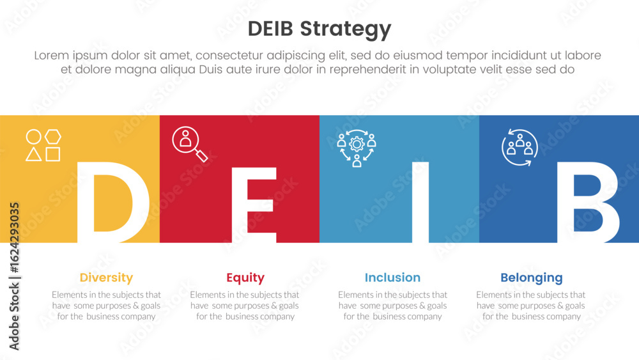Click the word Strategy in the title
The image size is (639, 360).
[346, 30]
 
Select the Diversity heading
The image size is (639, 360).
[106, 278]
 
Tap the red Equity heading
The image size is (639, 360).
[245, 278]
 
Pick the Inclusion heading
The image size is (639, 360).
[392, 278]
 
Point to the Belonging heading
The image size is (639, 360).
[532, 278]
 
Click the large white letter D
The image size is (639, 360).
[112, 202]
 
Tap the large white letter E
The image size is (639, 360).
[254, 205]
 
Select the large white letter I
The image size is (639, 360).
[420, 202]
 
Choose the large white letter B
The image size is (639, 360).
[588, 202]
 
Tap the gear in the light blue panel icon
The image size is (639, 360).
[357, 144]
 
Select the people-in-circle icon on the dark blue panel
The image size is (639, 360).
[520, 147]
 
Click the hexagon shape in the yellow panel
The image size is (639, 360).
[53, 137]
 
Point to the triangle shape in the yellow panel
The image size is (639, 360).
[34, 154]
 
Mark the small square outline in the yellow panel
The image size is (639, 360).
[53, 154]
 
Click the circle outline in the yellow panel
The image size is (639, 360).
[34, 137]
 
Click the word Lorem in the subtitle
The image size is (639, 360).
[52, 56]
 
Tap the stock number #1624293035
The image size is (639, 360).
[14, 238]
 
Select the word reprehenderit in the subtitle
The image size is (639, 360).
[367, 70]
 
